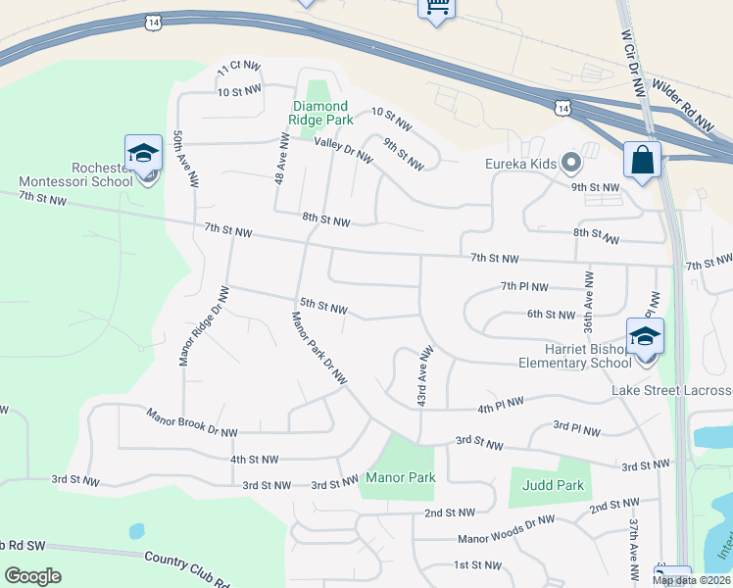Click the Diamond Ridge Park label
point(319,113)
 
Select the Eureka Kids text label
point(520,164)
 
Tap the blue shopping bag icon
point(642,160)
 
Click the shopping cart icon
point(435,7)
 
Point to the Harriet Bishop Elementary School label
point(575,356)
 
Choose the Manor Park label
point(400,478)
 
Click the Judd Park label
point(556,485)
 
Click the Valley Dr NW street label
point(343,150)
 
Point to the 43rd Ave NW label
point(423,376)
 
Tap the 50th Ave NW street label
point(185,159)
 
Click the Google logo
point(32,576)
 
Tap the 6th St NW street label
point(550,315)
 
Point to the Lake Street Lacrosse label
point(672,391)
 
